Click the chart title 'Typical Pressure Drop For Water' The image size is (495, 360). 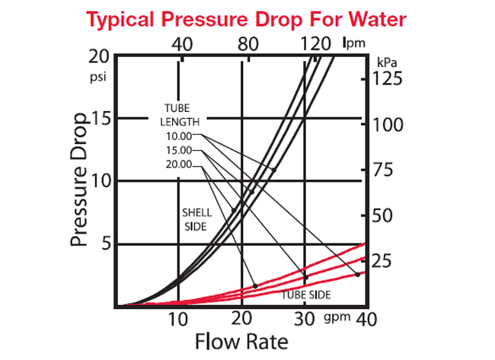247,18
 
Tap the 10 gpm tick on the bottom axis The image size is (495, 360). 177,318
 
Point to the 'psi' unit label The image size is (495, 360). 98,77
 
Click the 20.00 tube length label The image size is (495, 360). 180,164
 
